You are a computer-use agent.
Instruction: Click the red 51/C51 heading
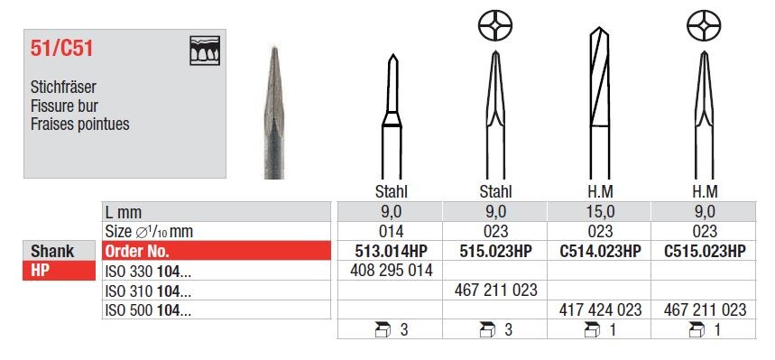61,49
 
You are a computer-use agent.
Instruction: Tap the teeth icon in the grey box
205,50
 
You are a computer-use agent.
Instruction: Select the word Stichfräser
63,87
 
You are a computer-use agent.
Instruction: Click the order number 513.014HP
391,251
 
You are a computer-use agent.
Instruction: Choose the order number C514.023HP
601,251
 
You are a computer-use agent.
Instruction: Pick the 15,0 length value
601,212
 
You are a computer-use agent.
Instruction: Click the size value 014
391,231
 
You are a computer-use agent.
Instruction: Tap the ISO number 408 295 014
391,271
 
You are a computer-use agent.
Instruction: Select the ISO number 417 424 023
601,309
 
